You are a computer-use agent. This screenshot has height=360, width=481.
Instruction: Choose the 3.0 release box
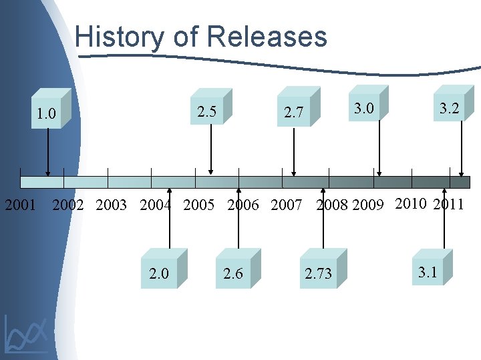click(x=363, y=108)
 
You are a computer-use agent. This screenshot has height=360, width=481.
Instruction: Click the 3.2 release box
click(x=449, y=108)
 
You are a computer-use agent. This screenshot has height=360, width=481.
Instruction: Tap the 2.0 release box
click(x=159, y=273)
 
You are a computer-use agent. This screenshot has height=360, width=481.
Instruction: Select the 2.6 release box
click(x=233, y=273)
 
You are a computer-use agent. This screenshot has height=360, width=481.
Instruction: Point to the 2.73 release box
click(x=318, y=273)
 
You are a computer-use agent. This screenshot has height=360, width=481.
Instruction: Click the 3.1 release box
click(x=427, y=272)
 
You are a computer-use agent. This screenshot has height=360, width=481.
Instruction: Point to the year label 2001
click(x=21, y=205)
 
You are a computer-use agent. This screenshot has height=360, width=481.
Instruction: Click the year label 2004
click(x=156, y=205)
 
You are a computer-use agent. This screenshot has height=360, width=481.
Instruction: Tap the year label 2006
click(x=243, y=205)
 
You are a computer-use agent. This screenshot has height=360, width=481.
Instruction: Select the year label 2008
click(x=333, y=205)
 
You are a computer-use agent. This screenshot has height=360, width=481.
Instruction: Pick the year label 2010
click(x=411, y=203)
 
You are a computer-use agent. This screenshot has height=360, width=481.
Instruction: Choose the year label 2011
click(x=448, y=204)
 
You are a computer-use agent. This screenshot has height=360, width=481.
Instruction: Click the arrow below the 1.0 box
click(x=47, y=153)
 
